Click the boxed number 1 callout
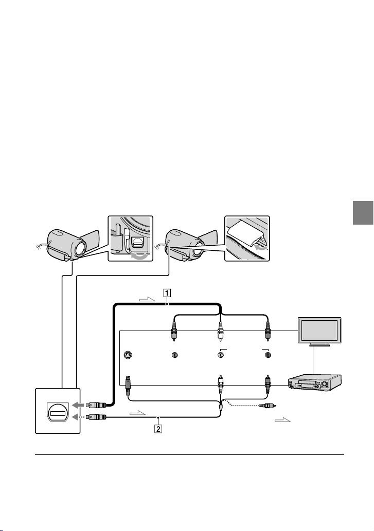pos(167,292)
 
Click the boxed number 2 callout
pos(158,429)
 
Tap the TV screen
pos(319,329)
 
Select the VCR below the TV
pos(314,383)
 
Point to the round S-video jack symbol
pos(127,355)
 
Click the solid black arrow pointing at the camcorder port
pos(76,405)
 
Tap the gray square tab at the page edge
pos(363,213)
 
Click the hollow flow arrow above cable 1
pos(147,299)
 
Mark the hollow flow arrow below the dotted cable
pos(282,420)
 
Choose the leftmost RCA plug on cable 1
pos(174,331)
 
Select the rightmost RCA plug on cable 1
pos(268,331)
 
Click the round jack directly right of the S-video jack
pos(175,355)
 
